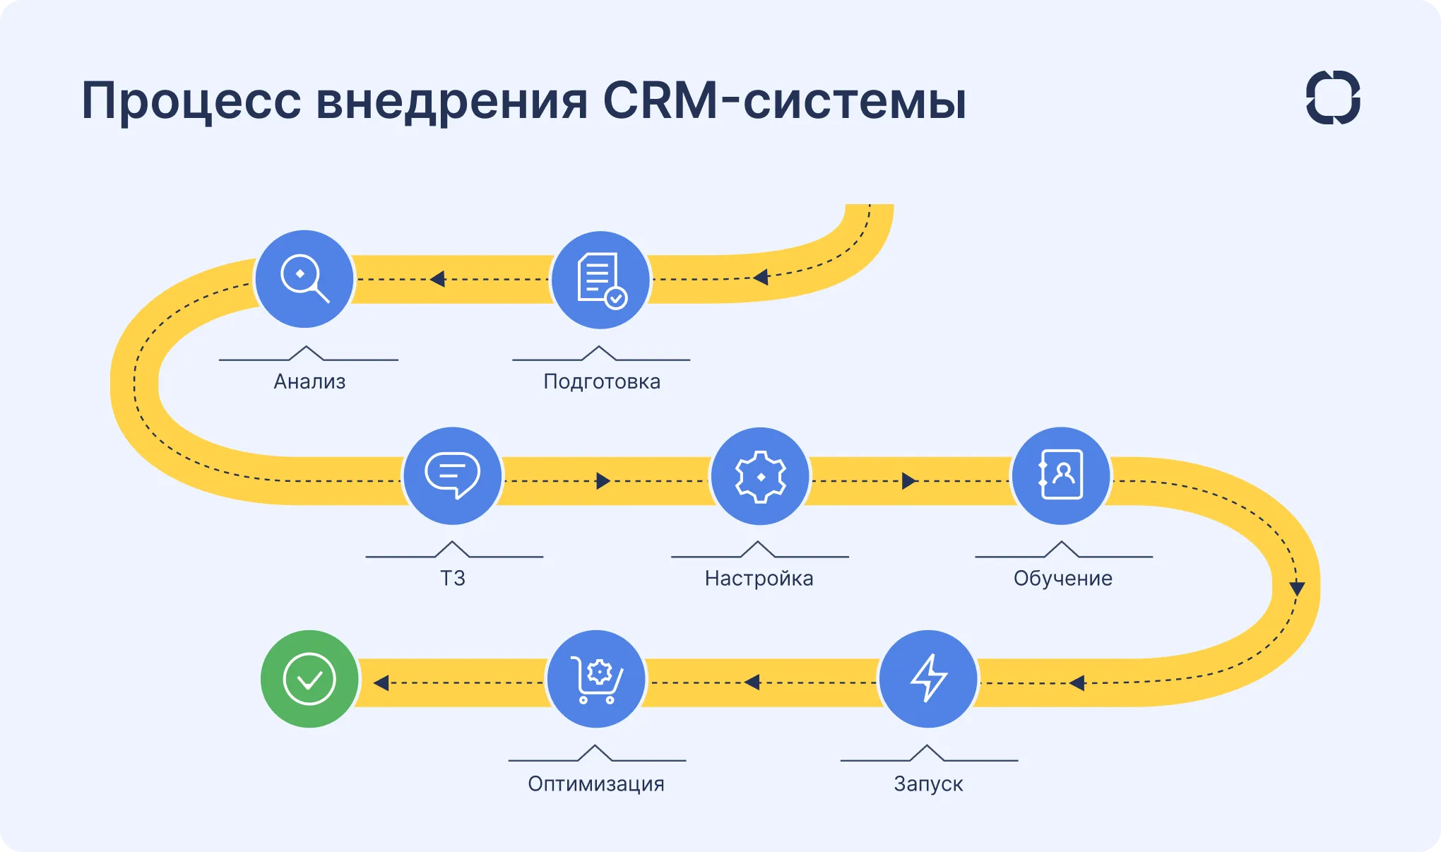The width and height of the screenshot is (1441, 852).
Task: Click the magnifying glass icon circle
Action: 304,278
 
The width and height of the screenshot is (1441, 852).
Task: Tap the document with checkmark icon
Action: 600,280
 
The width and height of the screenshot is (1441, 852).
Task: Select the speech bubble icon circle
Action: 452,475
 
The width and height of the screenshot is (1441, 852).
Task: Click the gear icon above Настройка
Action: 760,476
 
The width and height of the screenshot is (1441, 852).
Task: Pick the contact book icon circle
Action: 1060,475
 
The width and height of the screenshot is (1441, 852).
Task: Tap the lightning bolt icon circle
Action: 928,678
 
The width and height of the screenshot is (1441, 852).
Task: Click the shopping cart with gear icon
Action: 597,678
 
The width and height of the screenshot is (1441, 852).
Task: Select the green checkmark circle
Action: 309,678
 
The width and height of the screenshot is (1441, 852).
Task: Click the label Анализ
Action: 309,381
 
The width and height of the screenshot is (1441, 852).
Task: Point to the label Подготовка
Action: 602,381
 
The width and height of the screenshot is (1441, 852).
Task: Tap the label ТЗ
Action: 453,578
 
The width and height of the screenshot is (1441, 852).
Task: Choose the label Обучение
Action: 1062,578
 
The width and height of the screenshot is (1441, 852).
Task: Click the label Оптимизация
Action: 596,783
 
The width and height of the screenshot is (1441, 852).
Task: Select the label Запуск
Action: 928,783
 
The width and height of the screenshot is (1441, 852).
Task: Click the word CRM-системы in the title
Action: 784,100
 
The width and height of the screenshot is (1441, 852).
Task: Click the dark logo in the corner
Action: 1333,97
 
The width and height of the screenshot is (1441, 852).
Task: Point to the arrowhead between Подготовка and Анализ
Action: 438,279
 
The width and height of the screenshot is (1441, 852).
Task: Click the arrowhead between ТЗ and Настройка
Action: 603,481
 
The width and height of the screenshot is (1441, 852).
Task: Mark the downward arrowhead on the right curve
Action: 1297,588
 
